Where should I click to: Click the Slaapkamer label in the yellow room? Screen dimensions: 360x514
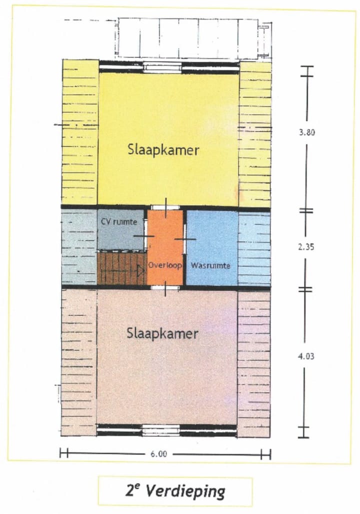click(x=163, y=150)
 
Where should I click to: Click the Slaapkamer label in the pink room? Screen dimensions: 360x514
click(x=162, y=334)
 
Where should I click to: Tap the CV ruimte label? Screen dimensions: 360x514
click(x=119, y=222)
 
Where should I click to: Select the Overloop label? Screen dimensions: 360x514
click(x=165, y=265)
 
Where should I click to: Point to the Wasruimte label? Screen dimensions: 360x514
click(x=210, y=266)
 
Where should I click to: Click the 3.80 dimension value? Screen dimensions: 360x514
click(x=307, y=133)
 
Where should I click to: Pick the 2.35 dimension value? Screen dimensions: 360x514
click(x=306, y=247)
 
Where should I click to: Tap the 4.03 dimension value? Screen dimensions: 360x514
click(x=306, y=356)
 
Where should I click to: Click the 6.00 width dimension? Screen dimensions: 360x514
click(x=158, y=454)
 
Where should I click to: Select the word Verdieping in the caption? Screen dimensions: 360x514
click(x=185, y=491)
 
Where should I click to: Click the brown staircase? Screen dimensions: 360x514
click(x=122, y=267)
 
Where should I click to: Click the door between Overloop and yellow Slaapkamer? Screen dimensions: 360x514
click(x=165, y=208)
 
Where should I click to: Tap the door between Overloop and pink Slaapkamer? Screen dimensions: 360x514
click(x=165, y=288)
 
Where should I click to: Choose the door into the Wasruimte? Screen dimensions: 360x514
click(x=184, y=239)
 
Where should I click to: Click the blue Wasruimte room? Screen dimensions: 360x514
click(x=211, y=248)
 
